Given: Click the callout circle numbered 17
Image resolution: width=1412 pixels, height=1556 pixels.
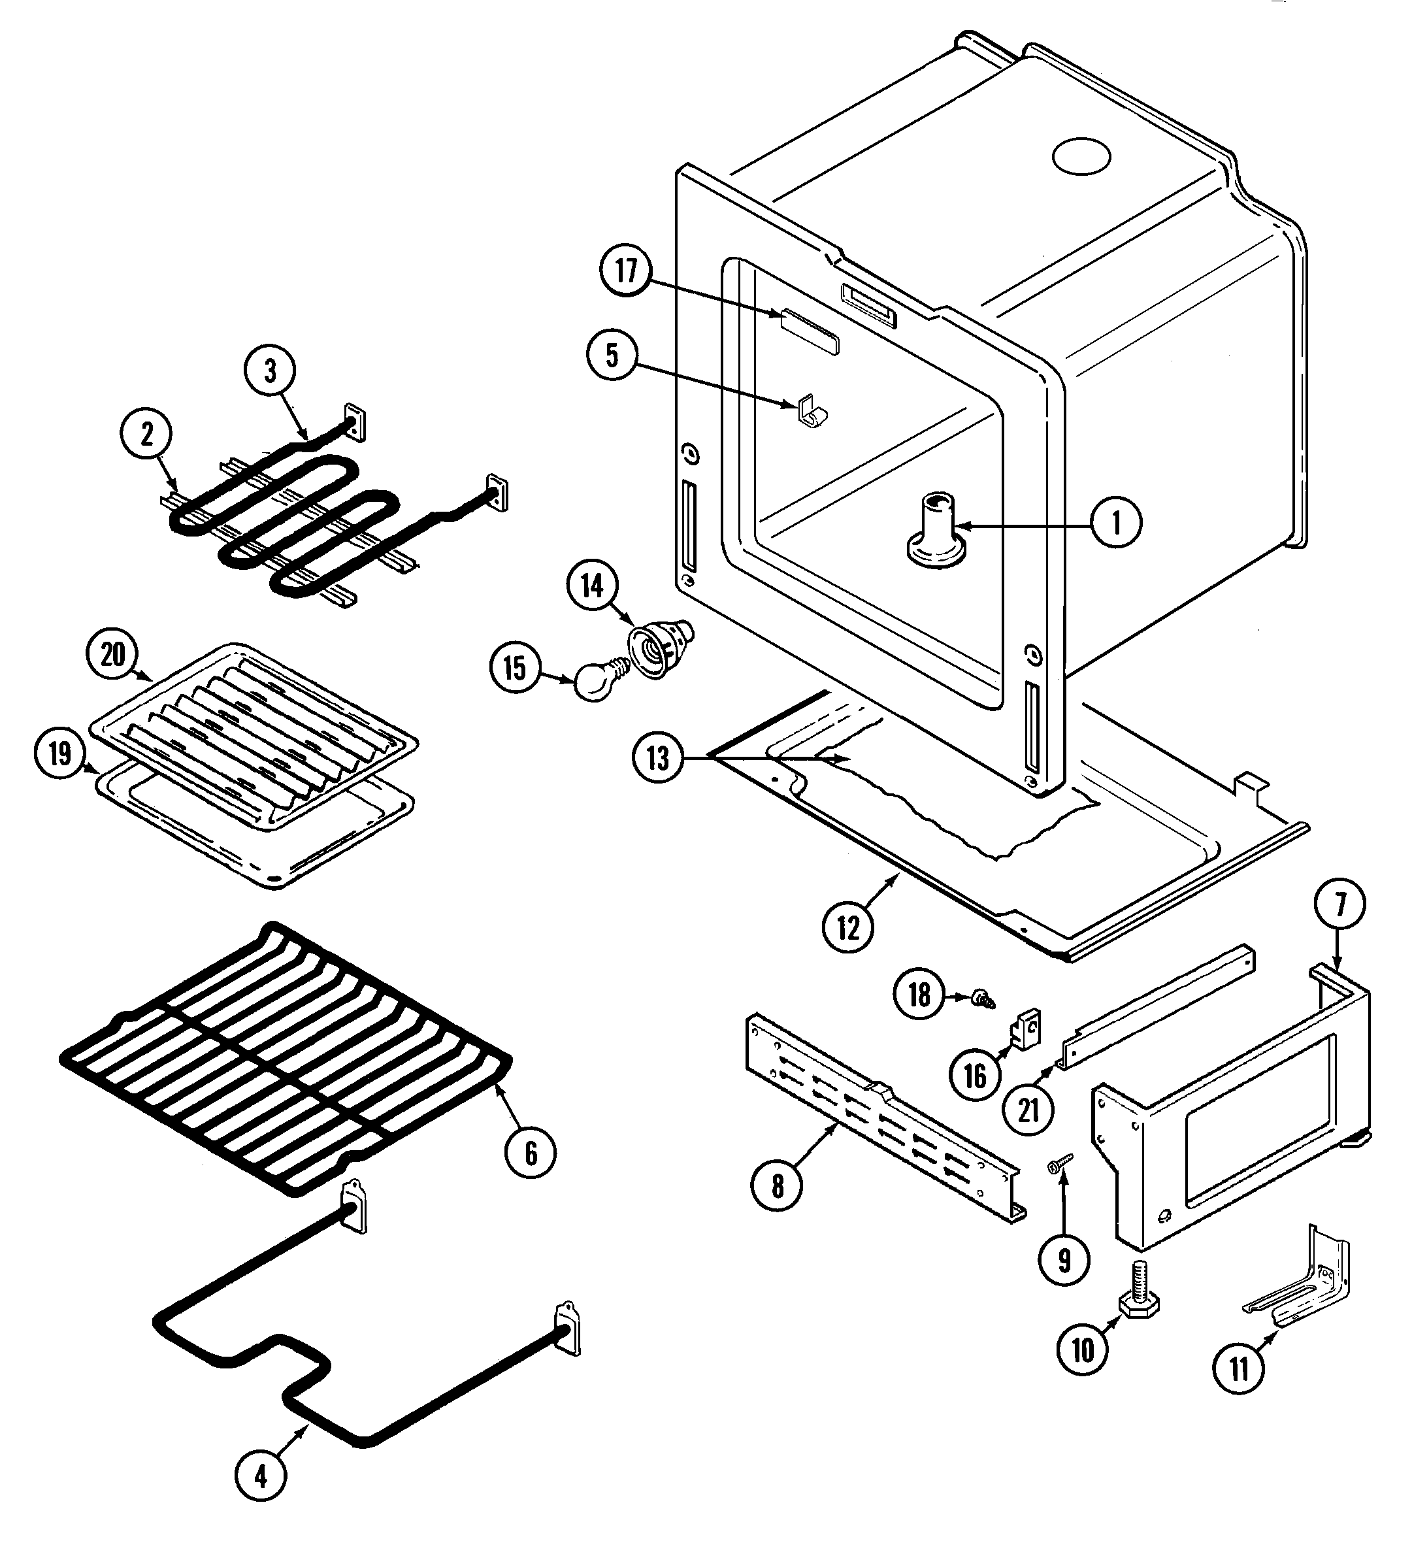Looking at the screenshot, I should (x=626, y=271).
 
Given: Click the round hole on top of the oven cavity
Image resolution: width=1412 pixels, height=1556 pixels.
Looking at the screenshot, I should (x=1081, y=157).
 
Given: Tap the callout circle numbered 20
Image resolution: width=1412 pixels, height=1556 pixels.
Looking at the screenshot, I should (x=112, y=655).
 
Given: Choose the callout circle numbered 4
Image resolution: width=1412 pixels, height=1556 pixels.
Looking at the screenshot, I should (x=261, y=1476).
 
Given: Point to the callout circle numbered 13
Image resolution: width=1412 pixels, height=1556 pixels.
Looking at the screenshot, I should (x=657, y=758).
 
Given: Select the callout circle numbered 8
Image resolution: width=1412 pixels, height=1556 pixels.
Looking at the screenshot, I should (x=777, y=1185).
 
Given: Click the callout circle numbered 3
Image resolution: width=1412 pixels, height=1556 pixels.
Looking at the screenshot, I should (x=270, y=371).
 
